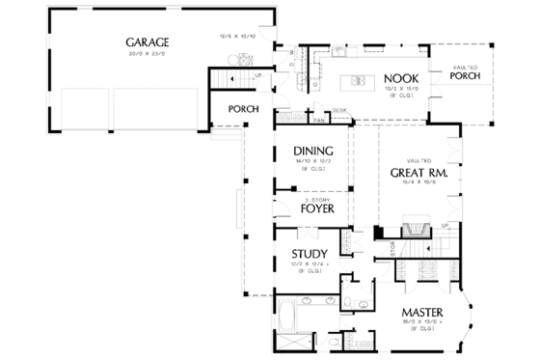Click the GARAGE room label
point(147,42)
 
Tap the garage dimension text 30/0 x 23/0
point(147,54)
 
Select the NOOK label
point(399,78)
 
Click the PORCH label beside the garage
point(243,109)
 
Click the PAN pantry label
point(318,121)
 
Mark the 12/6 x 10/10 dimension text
point(237,37)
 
